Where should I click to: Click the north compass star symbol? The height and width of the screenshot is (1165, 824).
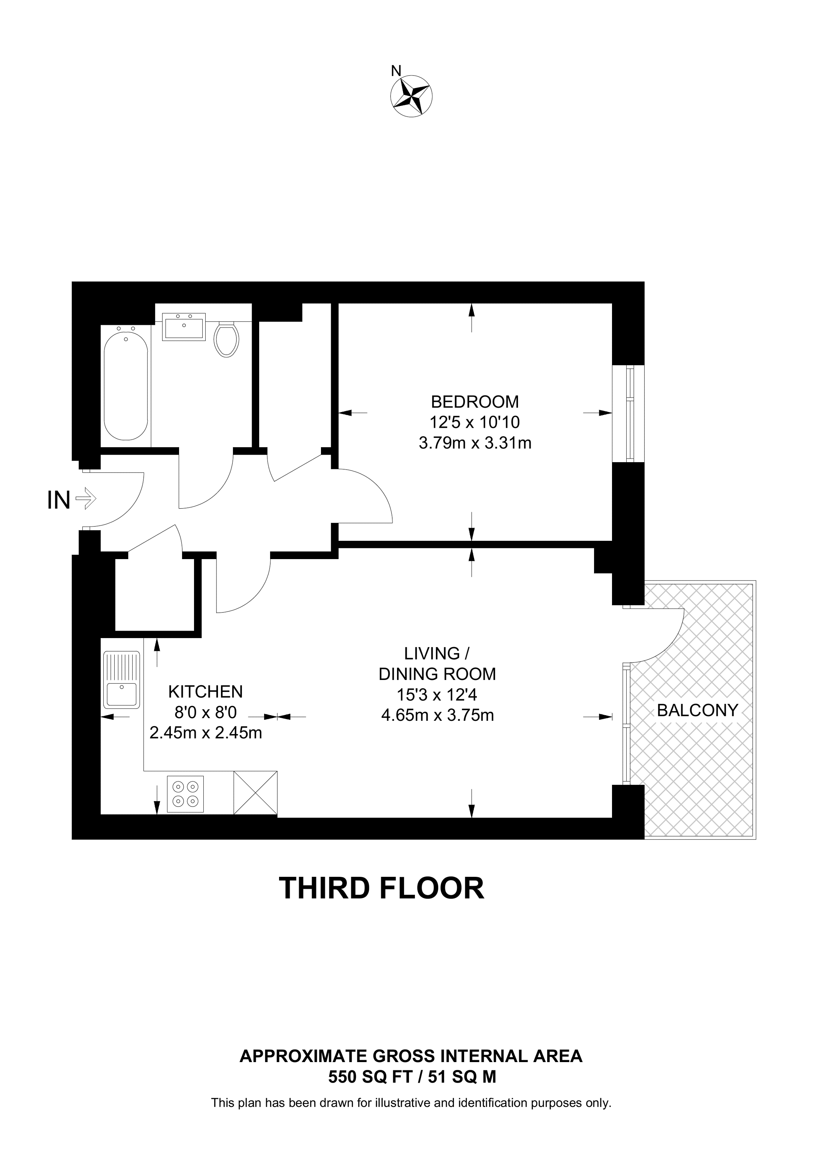pos(411,96)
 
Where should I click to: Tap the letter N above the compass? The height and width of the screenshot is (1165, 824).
pos(396,70)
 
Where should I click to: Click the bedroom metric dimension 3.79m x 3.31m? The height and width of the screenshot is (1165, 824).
pos(475,443)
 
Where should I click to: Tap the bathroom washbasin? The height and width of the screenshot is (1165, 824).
pos(184,327)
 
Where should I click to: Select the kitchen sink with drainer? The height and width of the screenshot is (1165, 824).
pos(121,679)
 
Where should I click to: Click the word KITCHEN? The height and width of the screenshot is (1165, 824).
pos(206,691)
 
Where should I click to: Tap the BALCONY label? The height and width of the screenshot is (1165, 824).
pos(697,710)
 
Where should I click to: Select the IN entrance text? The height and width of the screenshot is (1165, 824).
pos(58,500)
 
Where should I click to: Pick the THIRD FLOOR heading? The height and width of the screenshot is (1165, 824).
pos(381,888)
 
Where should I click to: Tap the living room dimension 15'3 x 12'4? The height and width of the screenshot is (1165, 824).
pos(437,695)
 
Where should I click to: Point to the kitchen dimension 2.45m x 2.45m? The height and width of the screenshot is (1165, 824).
pos(206,733)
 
